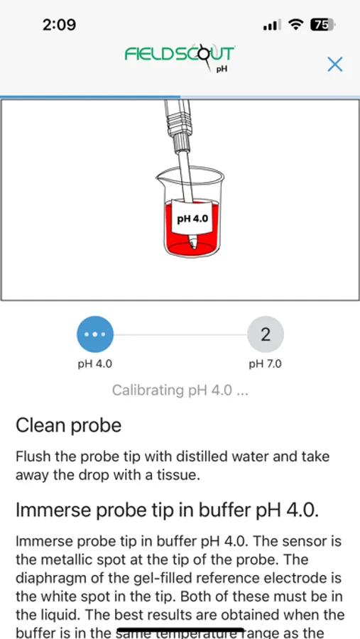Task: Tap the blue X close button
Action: point(334,64)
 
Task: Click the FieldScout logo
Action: point(180,55)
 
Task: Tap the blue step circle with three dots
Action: point(94,334)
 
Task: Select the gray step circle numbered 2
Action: point(266,334)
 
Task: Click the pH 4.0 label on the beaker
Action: point(192,219)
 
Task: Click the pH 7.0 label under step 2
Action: point(265,364)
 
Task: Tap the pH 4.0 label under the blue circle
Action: point(94,364)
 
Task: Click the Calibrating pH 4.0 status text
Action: point(180,390)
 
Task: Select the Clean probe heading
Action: point(68,425)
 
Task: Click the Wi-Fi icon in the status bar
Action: point(295,25)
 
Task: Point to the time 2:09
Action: point(59,25)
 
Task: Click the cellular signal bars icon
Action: point(271,26)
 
